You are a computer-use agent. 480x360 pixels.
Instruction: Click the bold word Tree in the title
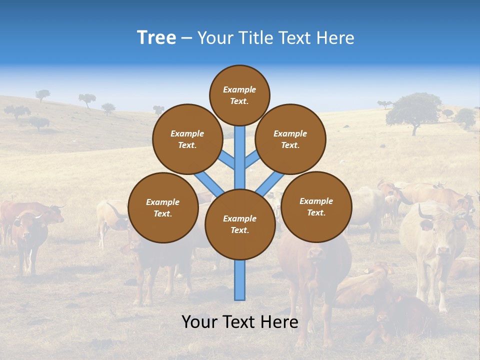coord(156,38)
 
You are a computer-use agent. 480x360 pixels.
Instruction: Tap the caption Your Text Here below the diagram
coord(239,322)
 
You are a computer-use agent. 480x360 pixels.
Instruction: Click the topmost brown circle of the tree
coord(239,95)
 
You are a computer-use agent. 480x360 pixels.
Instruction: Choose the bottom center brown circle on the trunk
coord(240,224)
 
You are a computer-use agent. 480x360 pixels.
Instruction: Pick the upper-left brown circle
coord(187,139)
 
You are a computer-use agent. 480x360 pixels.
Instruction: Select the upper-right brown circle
coord(290,139)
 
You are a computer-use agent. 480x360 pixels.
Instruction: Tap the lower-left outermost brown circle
coord(163,207)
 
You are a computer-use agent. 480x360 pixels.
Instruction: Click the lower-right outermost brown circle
coord(316,206)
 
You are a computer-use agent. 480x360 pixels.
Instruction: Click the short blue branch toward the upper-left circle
coord(226,159)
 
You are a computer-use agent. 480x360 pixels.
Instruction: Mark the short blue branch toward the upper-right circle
coord(252,159)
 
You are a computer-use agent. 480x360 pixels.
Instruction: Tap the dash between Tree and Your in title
coord(186,38)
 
